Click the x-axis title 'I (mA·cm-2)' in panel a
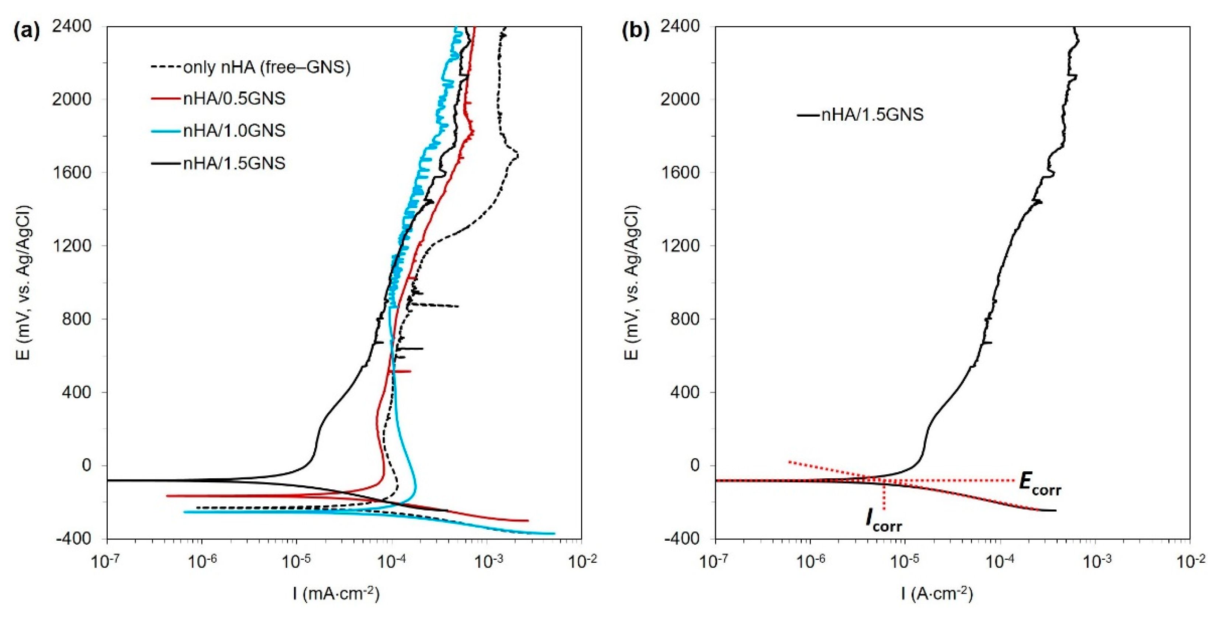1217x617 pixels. click(336, 593)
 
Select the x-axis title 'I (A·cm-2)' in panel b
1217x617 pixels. click(938, 593)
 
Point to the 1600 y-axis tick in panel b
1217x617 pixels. click(680, 173)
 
